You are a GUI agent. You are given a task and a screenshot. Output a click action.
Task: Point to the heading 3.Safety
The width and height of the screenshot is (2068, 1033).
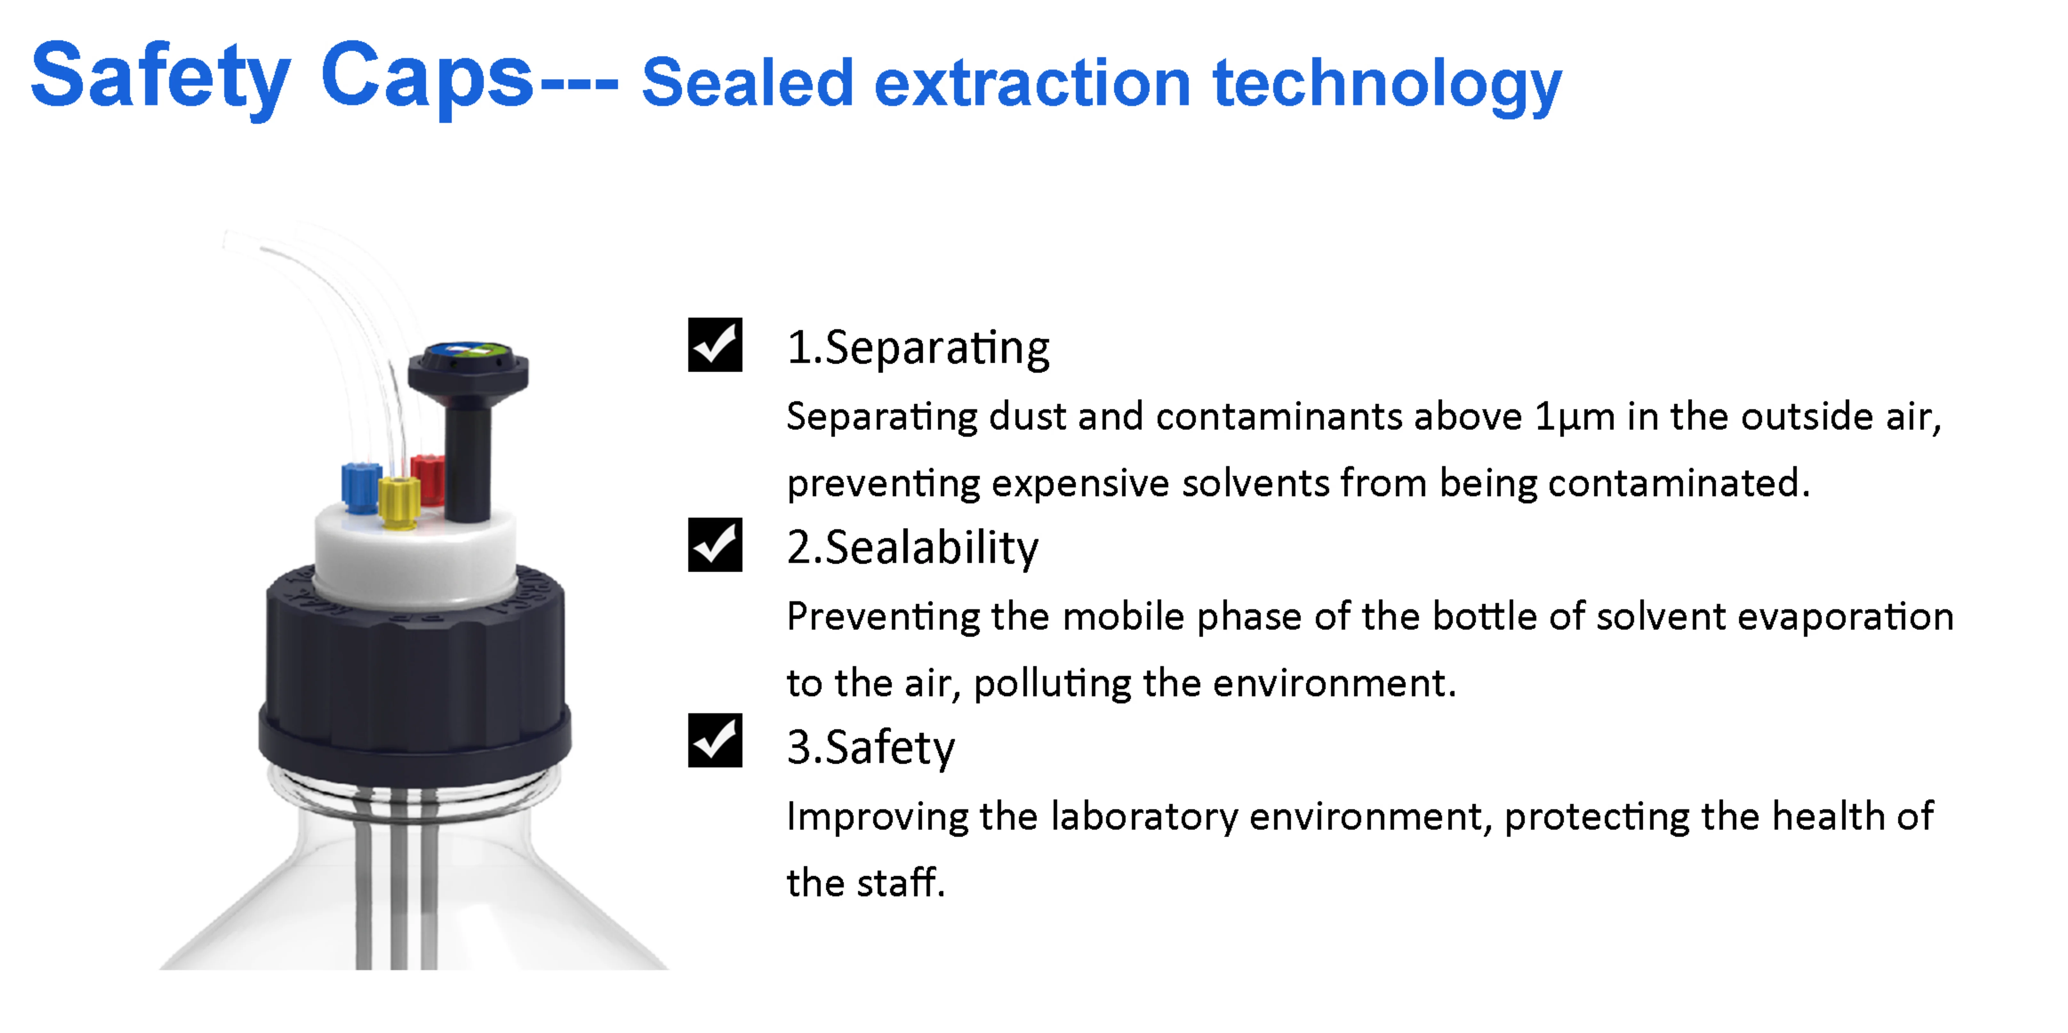[871, 748]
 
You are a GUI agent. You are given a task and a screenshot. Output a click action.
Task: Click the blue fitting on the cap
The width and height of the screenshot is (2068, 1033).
[360, 487]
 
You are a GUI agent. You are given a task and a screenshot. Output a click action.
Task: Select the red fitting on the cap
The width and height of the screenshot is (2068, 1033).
[428, 479]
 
